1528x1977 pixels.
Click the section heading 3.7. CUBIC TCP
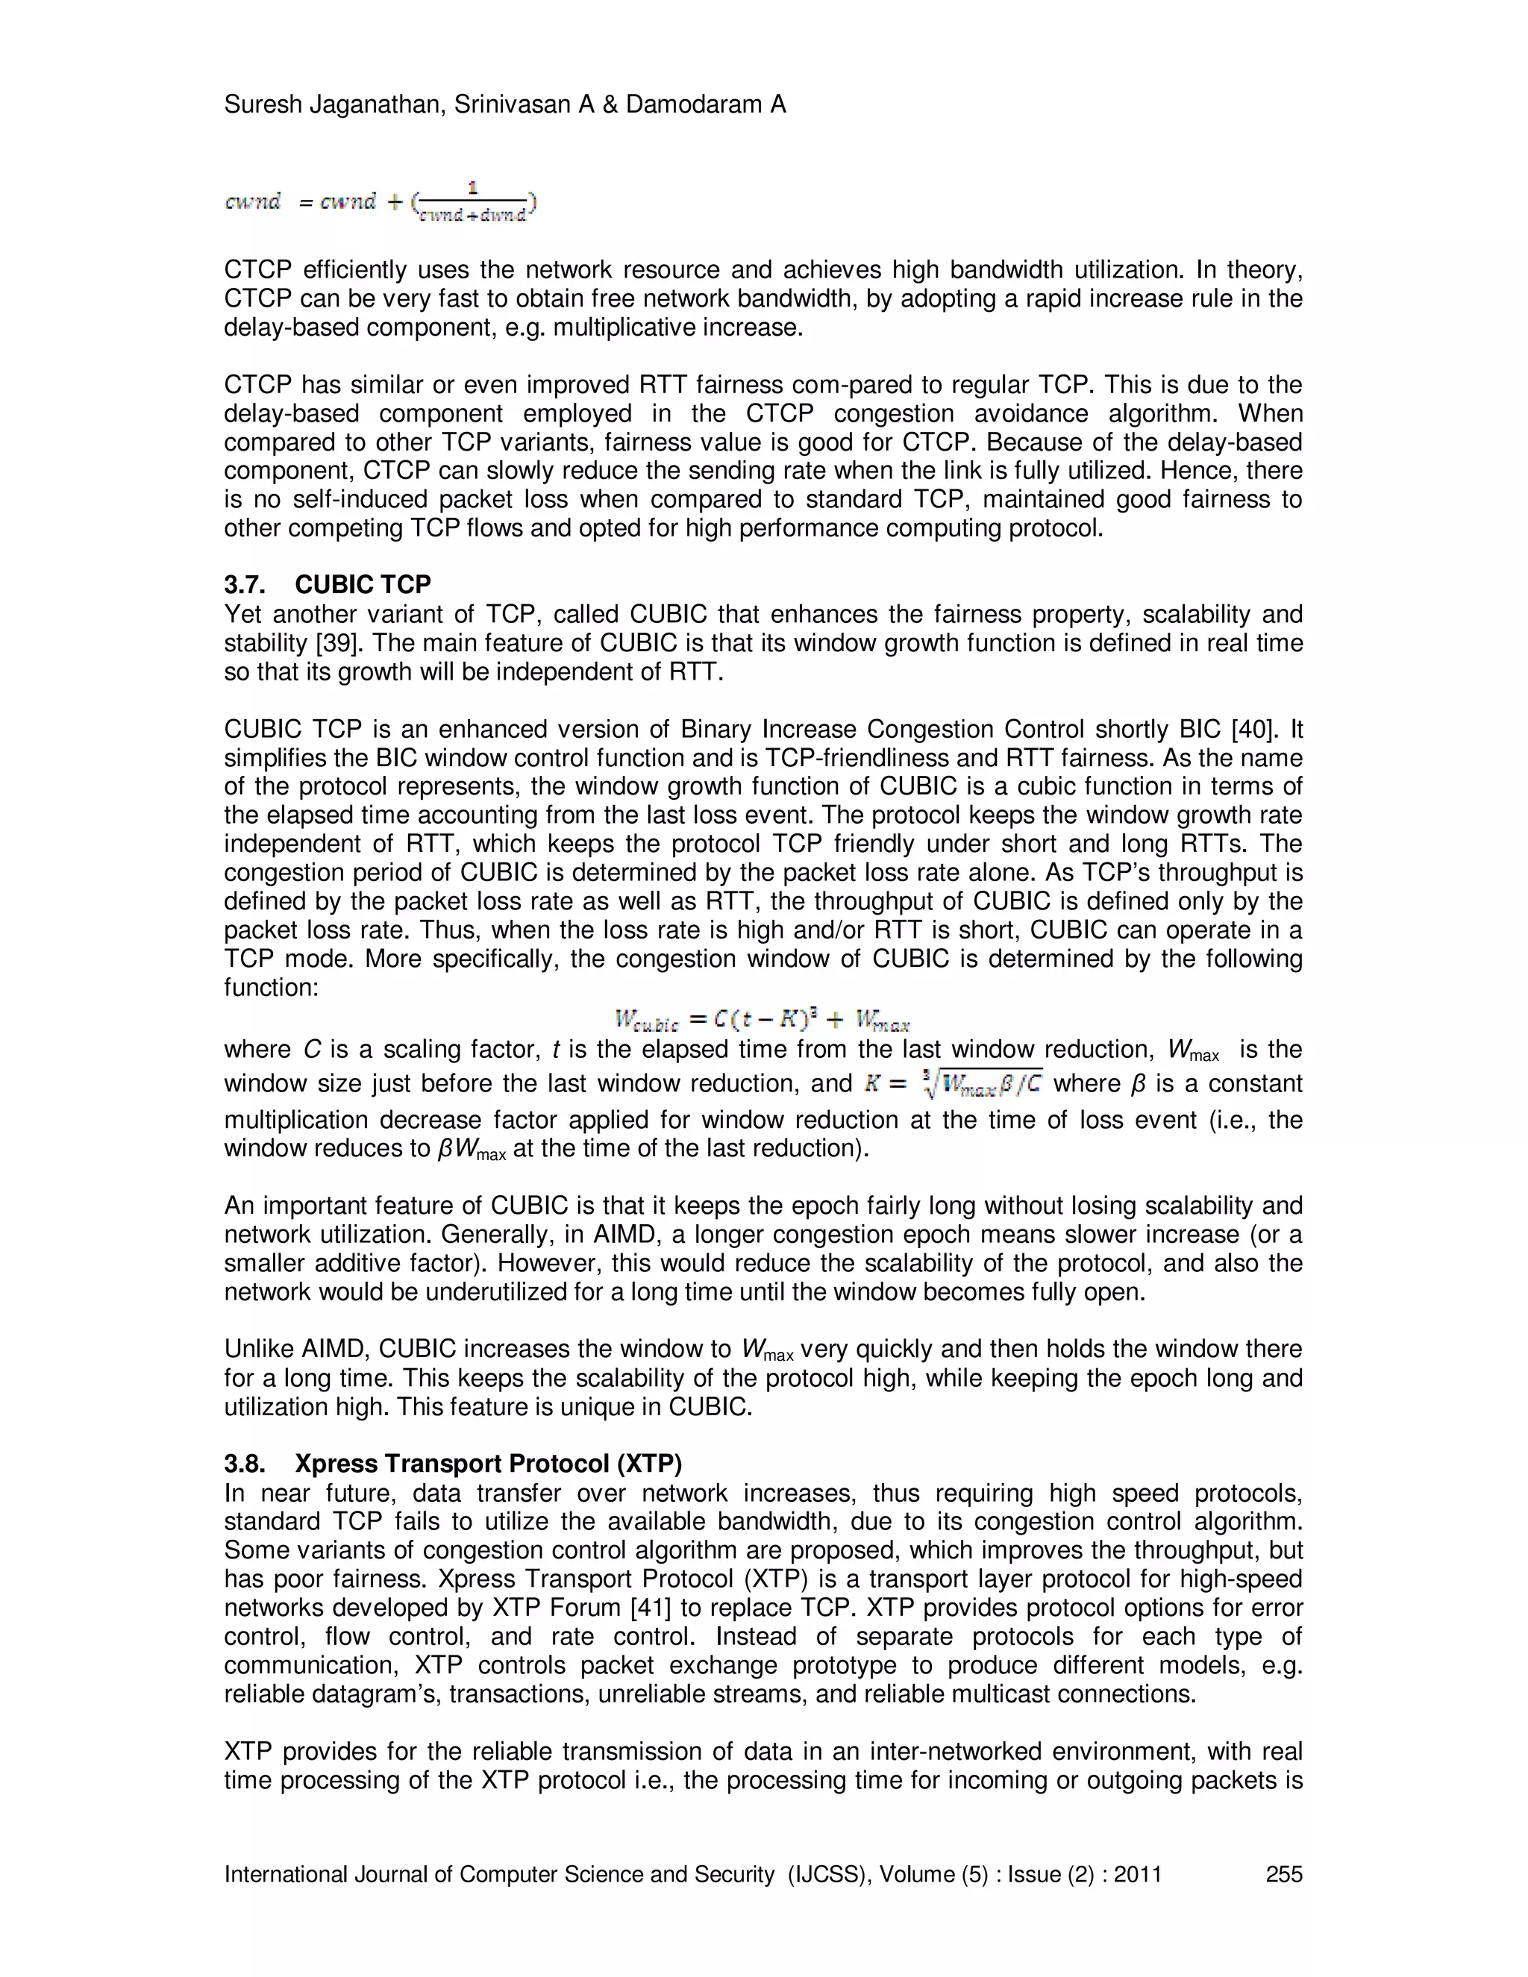coord(328,585)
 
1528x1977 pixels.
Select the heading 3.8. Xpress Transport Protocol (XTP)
coord(454,1464)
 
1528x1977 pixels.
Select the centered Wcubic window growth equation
coord(763,1021)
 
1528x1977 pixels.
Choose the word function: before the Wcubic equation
coord(272,988)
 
